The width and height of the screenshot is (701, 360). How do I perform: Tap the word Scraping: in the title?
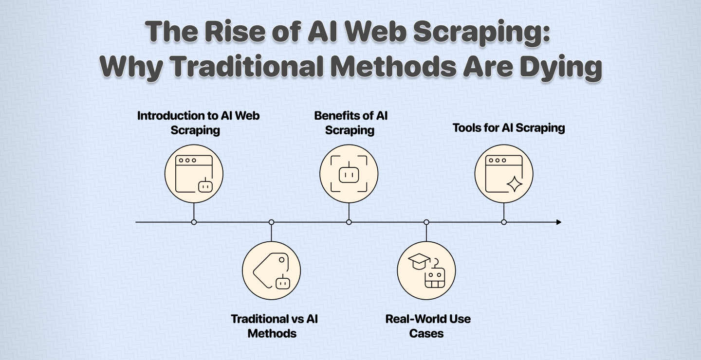tap(481, 33)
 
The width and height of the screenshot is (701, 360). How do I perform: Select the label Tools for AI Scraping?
tap(509, 128)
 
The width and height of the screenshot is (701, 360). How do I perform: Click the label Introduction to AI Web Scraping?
tap(198, 123)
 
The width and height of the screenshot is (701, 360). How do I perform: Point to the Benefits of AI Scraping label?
tap(350, 123)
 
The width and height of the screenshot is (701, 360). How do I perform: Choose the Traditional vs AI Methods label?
tap(274, 326)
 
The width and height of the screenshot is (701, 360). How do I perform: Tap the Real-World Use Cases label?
tap(428, 326)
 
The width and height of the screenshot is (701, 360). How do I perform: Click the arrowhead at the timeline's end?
tap(559, 222)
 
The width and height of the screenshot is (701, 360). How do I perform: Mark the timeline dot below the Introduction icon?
tap(194, 222)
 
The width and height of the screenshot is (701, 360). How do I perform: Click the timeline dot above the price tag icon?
tap(271, 222)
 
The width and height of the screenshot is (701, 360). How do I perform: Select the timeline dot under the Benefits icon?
tap(349, 222)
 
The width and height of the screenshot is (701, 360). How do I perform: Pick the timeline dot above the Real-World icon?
tap(426, 222)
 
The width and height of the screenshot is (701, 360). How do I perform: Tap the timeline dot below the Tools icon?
tap(503, 222)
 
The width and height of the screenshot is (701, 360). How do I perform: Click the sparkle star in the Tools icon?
tap(514, 184)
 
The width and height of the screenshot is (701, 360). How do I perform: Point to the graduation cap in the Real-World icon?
tap(419, 261)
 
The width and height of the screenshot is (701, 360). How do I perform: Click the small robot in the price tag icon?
tap(282, 282)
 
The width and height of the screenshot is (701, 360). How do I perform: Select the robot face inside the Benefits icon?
tap(349, 173)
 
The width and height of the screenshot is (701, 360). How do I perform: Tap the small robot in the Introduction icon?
tap(205, 185)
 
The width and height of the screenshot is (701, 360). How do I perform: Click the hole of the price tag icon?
tap(282, 260)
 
